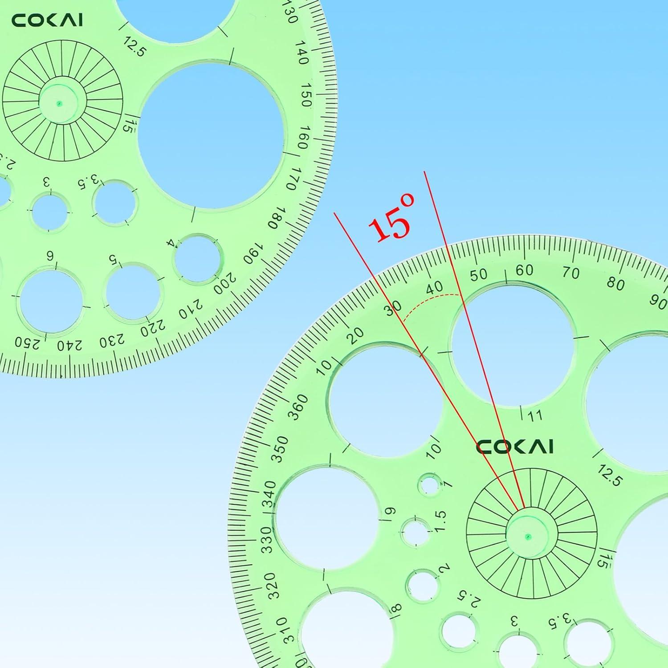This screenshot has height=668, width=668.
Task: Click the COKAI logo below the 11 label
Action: (514, 447)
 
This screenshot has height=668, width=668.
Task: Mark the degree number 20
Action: (355, 335)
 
